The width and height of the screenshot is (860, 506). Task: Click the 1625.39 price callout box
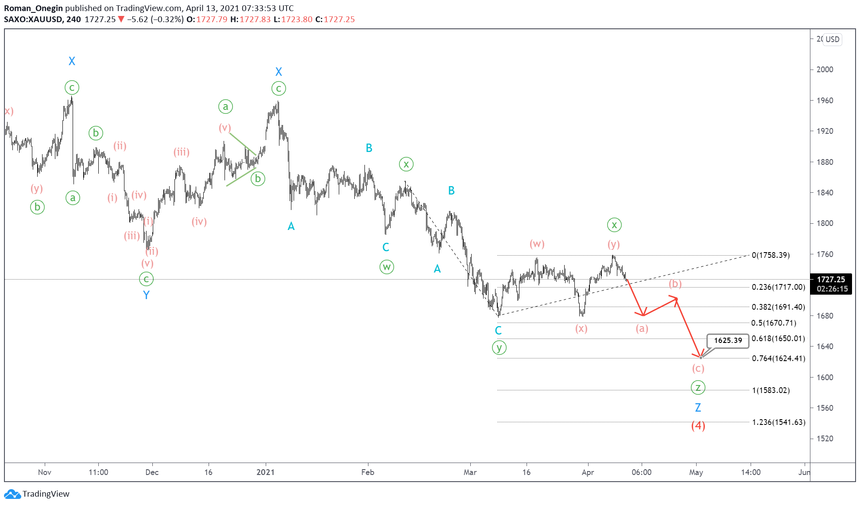728,340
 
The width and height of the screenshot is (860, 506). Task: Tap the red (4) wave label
698,425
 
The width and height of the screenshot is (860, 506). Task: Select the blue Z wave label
698,407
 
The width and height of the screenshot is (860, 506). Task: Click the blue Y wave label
146,295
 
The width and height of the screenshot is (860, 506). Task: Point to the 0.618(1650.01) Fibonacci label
778,339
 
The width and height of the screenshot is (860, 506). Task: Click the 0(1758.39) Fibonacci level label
771,255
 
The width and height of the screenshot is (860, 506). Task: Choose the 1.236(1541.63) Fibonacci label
779,422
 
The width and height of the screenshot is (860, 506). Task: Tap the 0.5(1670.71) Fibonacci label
774,323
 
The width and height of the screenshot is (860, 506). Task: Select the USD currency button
832,39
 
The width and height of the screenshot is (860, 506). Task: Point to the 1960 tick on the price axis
825,101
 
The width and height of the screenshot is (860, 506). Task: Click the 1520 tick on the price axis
825,439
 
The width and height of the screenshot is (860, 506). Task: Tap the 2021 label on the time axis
265,472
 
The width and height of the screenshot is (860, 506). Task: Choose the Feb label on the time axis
368,472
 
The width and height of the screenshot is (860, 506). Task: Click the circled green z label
698,388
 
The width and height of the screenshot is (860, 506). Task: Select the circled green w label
387,267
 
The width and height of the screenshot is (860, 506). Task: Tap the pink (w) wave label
537,244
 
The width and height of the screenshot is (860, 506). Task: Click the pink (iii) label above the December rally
181,152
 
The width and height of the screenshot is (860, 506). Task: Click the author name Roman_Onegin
33,8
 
